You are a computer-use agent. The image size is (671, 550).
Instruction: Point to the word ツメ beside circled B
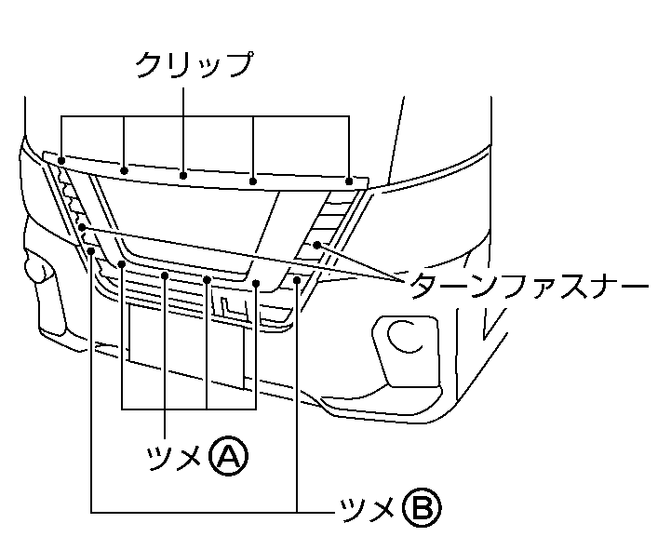coord(367,508)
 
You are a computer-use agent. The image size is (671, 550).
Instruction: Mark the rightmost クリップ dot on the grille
coord(349,181)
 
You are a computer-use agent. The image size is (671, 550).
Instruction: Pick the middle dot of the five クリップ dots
coord(184,174)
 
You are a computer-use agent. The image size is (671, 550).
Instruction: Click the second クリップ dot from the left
coord(125,169)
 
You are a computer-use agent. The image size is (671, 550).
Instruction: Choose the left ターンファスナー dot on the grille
coord(83,226)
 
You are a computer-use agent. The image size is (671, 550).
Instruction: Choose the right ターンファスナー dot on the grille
coord(317,245)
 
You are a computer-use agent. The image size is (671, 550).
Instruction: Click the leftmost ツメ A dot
coord(123,264)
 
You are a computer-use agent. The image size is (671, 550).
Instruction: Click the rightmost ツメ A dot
coord(255,283)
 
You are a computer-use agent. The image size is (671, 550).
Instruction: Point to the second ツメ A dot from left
coord(164,275)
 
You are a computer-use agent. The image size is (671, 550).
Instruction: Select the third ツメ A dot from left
coord(207,278)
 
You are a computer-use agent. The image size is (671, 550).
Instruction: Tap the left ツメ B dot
coord(91,248)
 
